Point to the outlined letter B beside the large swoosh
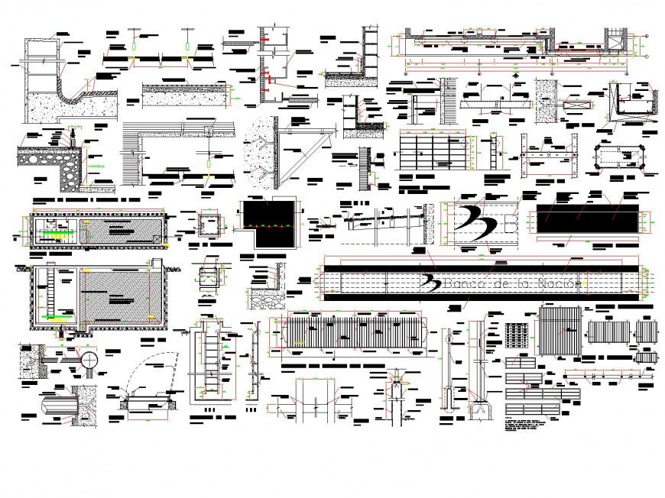[x=511, y=222]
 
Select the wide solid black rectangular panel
[x=586, y=220]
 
